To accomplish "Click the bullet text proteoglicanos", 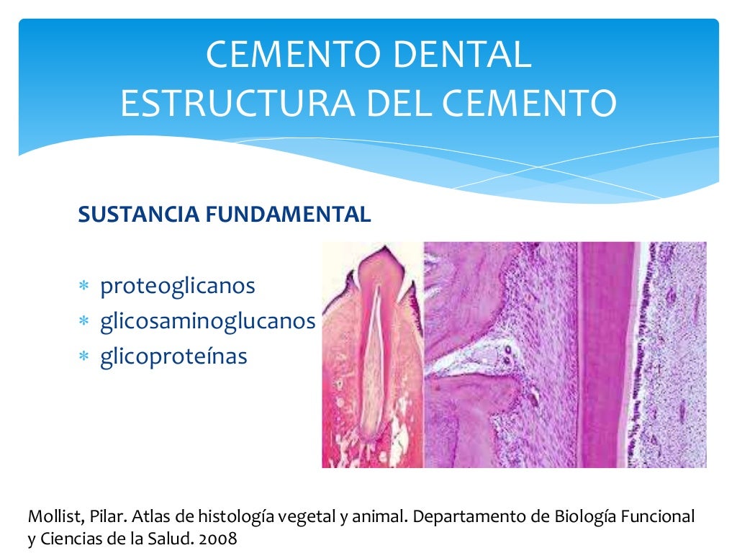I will tap(178, 286).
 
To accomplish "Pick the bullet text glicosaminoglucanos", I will tap(207, 321).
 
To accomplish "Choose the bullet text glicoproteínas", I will tap(173, 356).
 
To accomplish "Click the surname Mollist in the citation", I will tap(52, 516).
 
